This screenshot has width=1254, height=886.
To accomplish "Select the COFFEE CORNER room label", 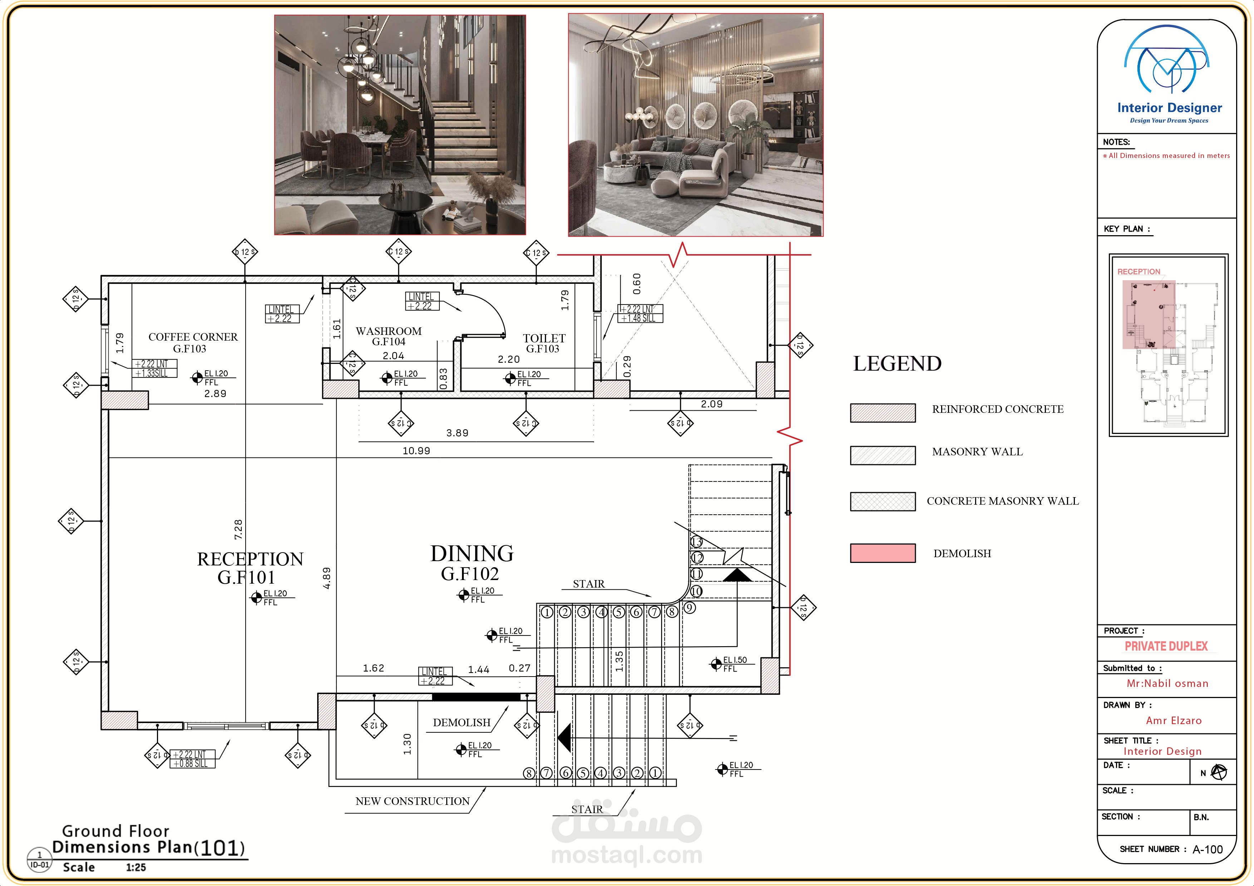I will coord(193,342).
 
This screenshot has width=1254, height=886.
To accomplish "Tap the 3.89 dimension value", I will coord(457,433).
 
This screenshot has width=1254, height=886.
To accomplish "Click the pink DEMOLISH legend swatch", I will coord(882,553).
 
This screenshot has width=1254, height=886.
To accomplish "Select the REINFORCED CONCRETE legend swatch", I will coord(882,413).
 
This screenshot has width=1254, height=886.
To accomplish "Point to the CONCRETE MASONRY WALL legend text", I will coord(1003,501).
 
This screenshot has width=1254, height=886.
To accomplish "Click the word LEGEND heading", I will coord(898,363).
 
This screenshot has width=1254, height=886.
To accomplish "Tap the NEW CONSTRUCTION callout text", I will coord(412,801).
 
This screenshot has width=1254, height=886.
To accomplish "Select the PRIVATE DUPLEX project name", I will coord(1166,646).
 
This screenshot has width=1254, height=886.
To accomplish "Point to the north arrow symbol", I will coord(1219,772).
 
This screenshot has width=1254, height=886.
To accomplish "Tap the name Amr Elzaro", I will coord(1174,721).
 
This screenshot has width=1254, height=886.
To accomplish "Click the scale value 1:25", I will coord(136,867).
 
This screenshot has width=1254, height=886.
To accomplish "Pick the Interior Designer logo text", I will coord(1169,108).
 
